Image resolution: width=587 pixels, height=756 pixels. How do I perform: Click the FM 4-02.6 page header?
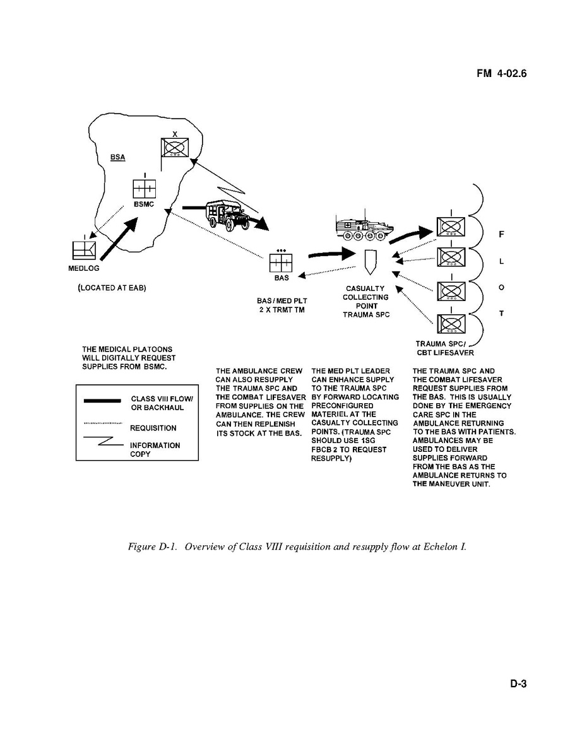501,74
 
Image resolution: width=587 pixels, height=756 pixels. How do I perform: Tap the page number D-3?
518,683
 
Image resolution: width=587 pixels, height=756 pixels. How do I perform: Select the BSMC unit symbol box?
144,188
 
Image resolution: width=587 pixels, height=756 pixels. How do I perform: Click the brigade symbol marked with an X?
174,146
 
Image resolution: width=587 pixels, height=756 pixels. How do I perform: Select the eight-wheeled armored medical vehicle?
361,228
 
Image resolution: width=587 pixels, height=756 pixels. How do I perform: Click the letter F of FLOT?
501,235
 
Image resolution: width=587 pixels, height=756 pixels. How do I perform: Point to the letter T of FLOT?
501,313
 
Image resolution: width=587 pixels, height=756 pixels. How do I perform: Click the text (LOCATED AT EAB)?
112,288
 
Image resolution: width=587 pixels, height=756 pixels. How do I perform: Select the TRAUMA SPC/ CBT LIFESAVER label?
444,348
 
